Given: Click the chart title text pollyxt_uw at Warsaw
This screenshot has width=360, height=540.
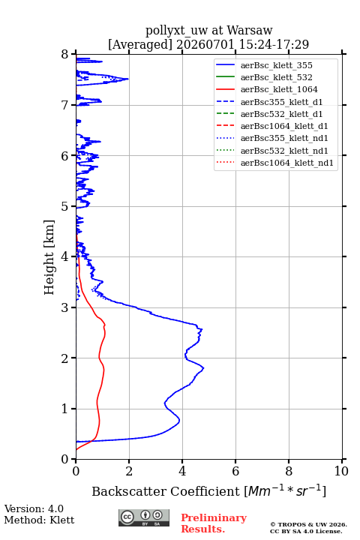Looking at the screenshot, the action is (208, 31).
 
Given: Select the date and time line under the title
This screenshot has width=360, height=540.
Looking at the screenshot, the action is (208, 44).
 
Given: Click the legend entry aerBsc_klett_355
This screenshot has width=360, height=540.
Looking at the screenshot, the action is (276, 65).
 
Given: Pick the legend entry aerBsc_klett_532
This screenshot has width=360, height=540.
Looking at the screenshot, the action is (276, 77).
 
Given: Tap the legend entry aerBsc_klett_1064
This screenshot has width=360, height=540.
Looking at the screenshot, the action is (279, 89).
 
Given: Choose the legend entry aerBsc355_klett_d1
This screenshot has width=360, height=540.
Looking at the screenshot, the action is (281, 102).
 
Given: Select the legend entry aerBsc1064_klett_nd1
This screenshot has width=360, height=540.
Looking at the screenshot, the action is (287, 163).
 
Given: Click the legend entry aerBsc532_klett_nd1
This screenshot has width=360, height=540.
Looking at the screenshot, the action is (284, 151).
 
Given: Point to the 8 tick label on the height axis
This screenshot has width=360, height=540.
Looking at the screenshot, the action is (65, 54).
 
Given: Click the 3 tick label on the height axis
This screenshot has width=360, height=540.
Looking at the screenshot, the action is (65, 307).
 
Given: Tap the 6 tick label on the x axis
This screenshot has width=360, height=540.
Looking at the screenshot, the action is (235, 471).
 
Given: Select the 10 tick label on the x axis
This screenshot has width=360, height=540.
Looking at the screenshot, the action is (341, 471).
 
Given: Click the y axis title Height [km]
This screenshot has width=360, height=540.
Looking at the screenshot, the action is (49, 257).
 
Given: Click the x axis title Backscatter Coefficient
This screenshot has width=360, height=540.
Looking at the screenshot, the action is (166, 491).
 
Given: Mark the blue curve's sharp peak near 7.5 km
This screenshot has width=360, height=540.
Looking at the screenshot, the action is (128, 79).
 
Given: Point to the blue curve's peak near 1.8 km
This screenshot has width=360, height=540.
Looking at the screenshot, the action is (203, 368).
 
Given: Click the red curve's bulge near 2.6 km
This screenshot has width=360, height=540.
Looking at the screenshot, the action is (105, 325).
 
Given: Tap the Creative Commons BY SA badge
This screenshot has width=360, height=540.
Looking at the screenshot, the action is (144, 517).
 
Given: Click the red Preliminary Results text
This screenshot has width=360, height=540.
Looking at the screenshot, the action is (214, 523).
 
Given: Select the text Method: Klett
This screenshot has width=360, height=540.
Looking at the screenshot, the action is (39, 520).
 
